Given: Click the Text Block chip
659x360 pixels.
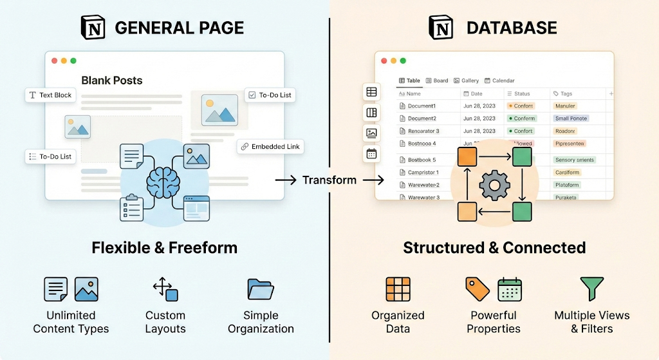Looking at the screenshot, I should click(50, 95).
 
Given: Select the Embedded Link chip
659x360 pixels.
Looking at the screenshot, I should click(270, 146).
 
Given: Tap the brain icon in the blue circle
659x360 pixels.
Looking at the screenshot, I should click(164, 183).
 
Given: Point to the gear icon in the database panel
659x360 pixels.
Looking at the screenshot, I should click(494, 185).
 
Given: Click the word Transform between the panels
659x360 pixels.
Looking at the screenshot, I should click(329, 180).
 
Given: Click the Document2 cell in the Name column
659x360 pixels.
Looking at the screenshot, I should click(422, 118).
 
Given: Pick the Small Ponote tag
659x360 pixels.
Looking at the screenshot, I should click(571, 118).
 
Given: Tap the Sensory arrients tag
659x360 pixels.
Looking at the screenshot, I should click(575, 160).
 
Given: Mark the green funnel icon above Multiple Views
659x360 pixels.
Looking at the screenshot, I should click(591, 290).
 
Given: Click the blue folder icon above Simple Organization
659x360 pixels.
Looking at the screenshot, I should click(261, 289).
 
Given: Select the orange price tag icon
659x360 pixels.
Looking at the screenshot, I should click(478, 289).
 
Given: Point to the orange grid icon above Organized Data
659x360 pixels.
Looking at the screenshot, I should click(398, 289).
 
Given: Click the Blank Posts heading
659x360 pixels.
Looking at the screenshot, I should click(112, 81).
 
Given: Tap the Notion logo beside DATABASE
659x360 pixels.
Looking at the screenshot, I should click(441, 28).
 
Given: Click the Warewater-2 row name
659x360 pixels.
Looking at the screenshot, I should click(423, 185).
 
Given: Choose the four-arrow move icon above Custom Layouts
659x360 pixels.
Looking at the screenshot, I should click(165, 289).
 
